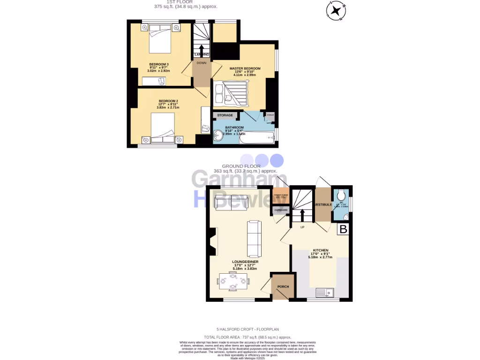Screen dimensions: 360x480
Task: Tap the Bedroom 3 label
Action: tap(159, 64)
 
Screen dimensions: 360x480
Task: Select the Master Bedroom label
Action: tap(245, 68)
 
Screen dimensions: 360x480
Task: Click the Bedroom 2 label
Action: tap(168, 101)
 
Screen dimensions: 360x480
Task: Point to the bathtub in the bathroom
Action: tap(253, 136)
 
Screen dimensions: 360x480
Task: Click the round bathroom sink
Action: tap(218, 135)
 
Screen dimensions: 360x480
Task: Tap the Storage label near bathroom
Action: tap(225, 115)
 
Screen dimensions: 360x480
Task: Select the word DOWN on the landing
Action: tap(202, 63)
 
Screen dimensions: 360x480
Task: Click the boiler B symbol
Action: tap(344, 230)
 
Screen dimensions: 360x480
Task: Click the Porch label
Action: tap(283, 286)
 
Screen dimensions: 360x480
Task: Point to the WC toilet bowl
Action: tap(341, 194)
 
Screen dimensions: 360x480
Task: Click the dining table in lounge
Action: tap(233, 282)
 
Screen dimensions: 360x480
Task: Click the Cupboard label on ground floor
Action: tap(281, 210)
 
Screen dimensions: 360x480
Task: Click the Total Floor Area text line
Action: tap(247, 337)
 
